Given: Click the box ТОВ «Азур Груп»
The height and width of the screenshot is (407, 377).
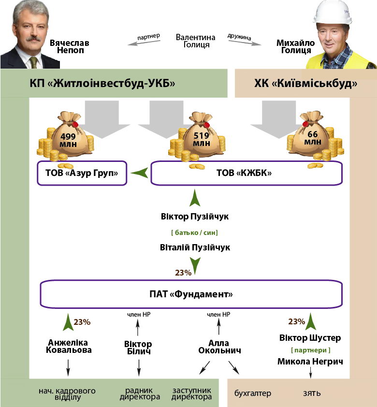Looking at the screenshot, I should (82, 173).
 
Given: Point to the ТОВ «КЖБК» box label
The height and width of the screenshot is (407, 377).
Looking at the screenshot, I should (246, 173).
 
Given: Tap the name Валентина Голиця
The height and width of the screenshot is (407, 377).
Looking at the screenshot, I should (193, 41).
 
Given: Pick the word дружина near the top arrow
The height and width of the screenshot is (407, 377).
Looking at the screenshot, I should (240, 36).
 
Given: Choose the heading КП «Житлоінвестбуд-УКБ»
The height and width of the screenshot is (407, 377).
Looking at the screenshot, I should (102, 84).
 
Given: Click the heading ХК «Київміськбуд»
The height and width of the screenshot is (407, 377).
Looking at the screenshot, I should (305, 84).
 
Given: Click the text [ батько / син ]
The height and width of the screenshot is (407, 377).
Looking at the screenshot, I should (194, 233).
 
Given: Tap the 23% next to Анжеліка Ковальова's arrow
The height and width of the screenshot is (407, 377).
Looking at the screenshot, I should (82, 321).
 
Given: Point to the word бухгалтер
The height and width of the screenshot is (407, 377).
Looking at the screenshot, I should (253, 393).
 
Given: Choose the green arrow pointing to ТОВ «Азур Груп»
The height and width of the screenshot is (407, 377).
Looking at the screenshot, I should (140, 172).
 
